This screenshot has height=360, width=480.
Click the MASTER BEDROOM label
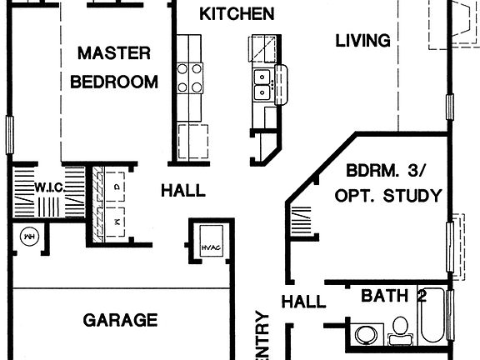pos(114,67)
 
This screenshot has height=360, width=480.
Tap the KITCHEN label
pos(237,14)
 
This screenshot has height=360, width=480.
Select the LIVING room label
pos(363,40)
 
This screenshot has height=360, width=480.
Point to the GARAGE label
pos(121,319)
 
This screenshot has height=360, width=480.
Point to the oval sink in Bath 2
pos(366,335)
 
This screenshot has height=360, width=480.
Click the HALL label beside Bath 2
pos(303,302)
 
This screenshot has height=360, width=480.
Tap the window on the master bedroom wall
pos(10,134)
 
